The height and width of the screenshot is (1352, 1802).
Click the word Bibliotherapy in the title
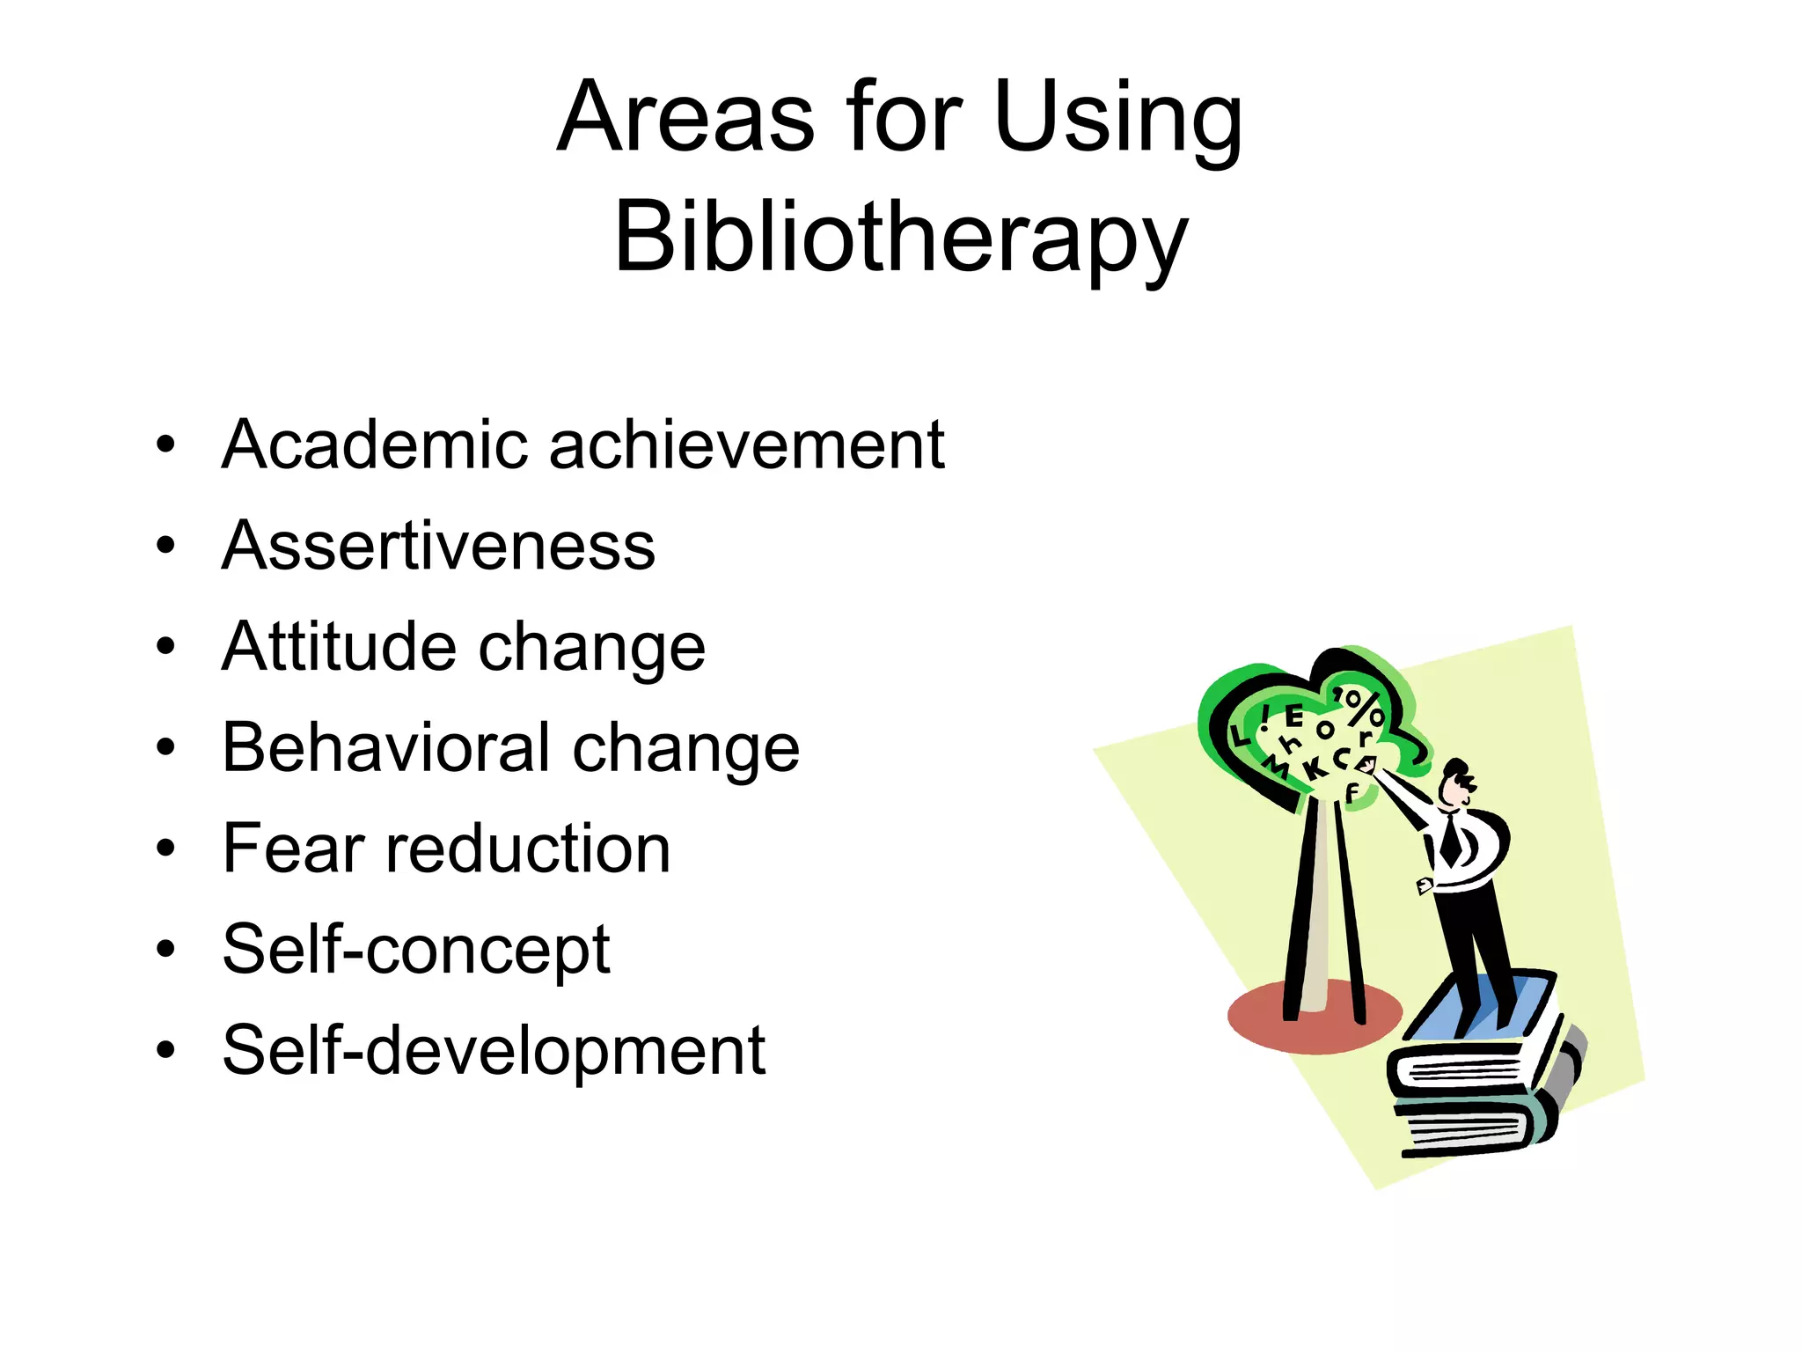pyautogui.click(x=901, y=236)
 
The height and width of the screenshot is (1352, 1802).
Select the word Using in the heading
pyautogui.click(x=1117, y=119)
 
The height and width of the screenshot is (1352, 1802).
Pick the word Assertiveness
pyautogui.click(x=438, y=546)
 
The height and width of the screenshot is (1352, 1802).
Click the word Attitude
pyautogui.click(x=339, y=647)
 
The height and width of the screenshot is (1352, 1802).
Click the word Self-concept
pyautogui.click(x=415, y=950)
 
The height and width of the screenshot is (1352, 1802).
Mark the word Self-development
pyautogui.click(x=494, y=1050)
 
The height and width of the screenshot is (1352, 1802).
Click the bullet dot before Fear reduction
pyautogui.click(x=165, y=849)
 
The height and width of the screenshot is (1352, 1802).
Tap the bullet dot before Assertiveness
pyautogui.click(x=165, y=547)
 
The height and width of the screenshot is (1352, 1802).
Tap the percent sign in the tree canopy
pyautogui.click(x=1363, y=707)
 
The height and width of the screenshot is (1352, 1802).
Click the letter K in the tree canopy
pyautogui.click(x=1315, y=768)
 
